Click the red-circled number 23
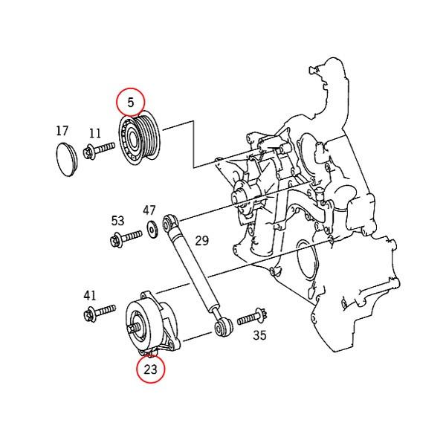(151, 368)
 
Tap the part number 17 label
(62, 131)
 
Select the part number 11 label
(94, 134)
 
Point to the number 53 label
(117, 221)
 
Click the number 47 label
(149, 210)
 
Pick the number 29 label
(202, 240)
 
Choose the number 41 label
(90, 295)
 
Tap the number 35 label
(259, 335)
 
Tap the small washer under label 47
(151, 228)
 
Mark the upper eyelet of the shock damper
(171, 221)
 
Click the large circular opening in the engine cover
(304, 265)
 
